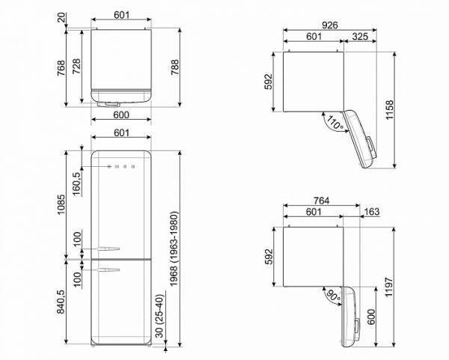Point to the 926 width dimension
point(330,25)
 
